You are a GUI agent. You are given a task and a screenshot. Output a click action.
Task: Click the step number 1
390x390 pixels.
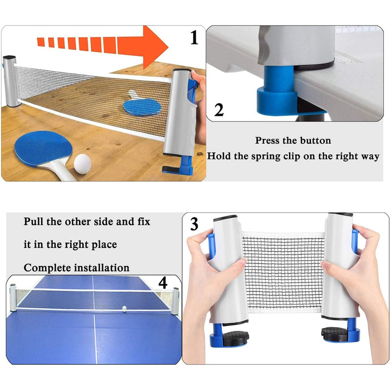pos(194,37)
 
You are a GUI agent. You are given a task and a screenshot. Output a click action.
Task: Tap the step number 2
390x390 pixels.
pos(219,110)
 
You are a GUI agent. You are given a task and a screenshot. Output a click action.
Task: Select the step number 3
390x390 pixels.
pos(194,224)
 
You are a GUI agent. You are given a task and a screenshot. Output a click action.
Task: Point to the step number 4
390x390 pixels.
pos(163,283)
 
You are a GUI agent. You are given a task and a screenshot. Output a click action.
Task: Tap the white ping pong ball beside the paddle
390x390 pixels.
pos(82,162)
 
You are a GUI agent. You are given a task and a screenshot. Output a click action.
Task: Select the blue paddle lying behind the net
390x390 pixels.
pos(142,106)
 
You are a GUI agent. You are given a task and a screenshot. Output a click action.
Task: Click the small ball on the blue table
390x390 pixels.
pos(124,309)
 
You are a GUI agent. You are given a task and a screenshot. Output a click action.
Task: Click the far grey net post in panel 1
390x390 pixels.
pos(11,81)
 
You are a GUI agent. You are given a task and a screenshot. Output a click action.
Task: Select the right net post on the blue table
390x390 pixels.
pos(175,300)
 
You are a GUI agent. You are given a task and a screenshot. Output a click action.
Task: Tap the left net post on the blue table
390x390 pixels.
pos(12,298)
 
